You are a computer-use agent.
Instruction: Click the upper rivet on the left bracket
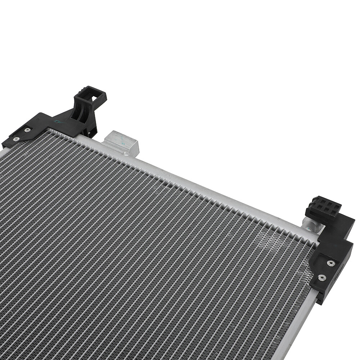(27, 130)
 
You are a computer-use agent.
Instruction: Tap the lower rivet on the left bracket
(15, 139)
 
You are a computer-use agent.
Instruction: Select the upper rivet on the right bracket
(330, 263)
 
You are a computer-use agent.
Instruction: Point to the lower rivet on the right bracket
(322, 278)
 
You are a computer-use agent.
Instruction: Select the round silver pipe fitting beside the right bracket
(312, 225)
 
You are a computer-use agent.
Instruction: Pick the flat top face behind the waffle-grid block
(344, 220)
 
